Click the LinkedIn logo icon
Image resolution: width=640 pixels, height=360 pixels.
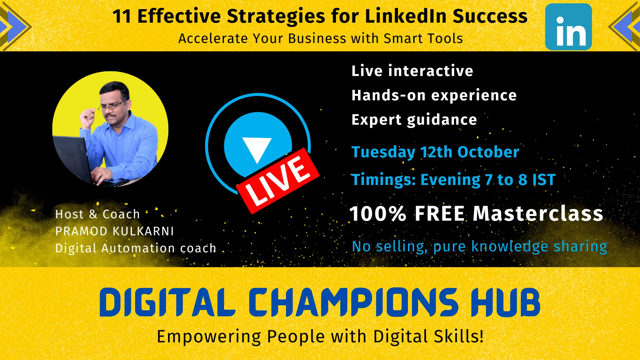pyautogui.click(x=568, y=27)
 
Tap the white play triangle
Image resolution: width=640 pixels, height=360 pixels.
pyautogui.click(x=257, y=149)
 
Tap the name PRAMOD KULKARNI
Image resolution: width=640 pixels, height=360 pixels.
pyautogui.click(x=115, y=231)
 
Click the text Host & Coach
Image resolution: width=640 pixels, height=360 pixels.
pyautogui.click(x=97, y=214)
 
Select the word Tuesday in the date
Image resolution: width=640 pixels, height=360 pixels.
pyautogui.click(x=383, y=152)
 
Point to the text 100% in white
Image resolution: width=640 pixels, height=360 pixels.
pyautogui.click(x=378, y=213)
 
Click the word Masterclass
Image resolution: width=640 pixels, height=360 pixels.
pyautogui.click(x=538, y=213)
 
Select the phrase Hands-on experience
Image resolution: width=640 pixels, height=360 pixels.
pyautogui.click(x=434, y=95)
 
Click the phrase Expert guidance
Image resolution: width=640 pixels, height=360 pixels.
pyautogui.click(x=414, y=120)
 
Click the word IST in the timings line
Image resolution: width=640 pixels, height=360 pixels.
pyautogui.click(x=544, y=180)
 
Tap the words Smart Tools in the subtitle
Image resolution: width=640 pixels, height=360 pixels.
pyautogui.click(x=423, y=38)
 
